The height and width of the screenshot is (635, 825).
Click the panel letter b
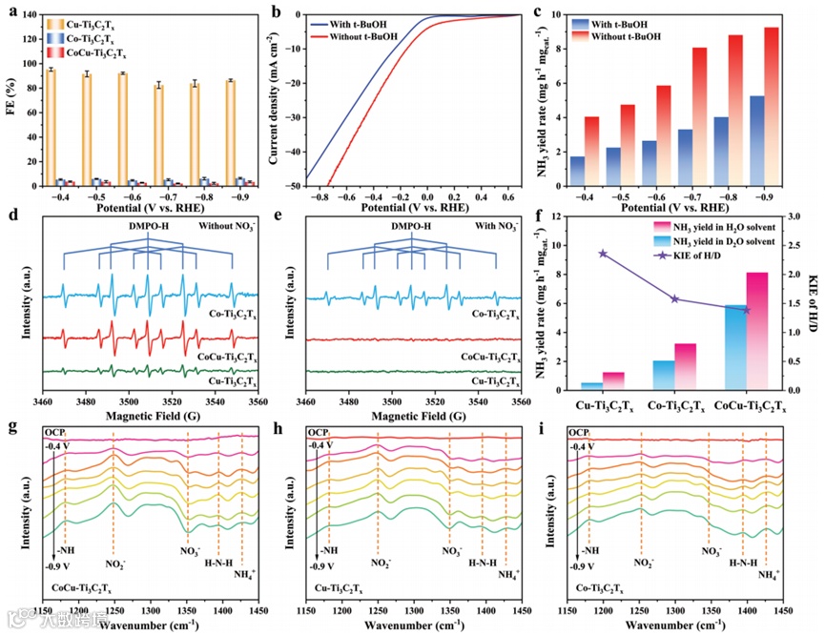coord(278,13)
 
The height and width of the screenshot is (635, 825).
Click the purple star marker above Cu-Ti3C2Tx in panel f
coord(603,254)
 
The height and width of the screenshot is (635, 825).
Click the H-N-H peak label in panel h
coord(483,563)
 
